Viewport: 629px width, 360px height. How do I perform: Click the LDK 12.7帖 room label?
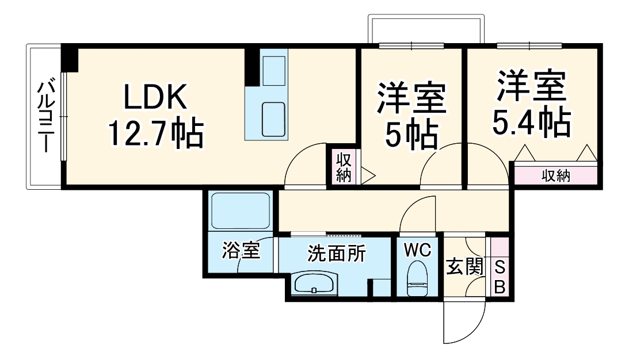155,116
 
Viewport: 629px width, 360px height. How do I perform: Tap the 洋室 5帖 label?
411,115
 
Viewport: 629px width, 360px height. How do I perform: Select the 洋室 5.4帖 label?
532,104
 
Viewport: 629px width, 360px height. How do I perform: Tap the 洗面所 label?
336,253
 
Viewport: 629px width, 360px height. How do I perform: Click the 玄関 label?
464,267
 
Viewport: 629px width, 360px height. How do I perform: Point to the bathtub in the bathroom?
241,211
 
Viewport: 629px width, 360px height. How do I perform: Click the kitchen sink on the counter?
273,119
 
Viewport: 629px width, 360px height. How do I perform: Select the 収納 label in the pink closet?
556,176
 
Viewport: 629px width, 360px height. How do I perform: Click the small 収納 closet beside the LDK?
344,167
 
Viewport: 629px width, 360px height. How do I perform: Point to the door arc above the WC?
419,213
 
